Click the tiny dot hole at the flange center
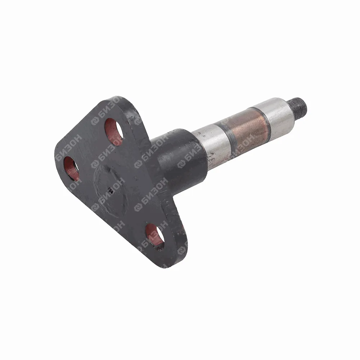click(x=111, y=190)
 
